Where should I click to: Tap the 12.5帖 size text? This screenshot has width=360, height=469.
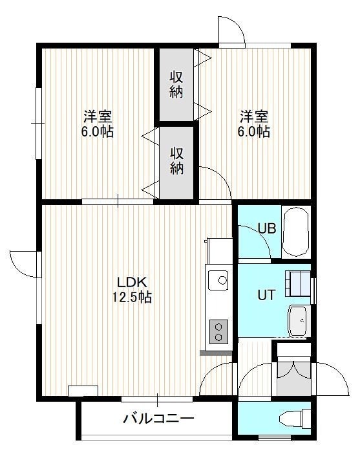(132, 298)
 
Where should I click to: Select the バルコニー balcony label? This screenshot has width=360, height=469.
(158, 419)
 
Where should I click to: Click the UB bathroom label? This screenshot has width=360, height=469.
(267, 228)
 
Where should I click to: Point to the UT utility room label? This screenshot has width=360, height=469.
(266, 296)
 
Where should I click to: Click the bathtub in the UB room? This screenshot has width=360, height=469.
(295, 232)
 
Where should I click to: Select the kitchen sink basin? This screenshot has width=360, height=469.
(218, 280)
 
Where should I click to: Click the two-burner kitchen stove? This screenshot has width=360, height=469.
(218, 332)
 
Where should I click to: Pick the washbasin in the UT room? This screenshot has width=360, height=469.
(297, 321)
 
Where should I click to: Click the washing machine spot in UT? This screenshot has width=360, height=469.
(297, 283)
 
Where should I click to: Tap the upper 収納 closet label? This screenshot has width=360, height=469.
(176, 85)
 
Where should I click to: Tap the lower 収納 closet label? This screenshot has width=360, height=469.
(176, 161)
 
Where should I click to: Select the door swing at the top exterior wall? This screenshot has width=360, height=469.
(232, 30)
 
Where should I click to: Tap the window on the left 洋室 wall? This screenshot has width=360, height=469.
(38, 123)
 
